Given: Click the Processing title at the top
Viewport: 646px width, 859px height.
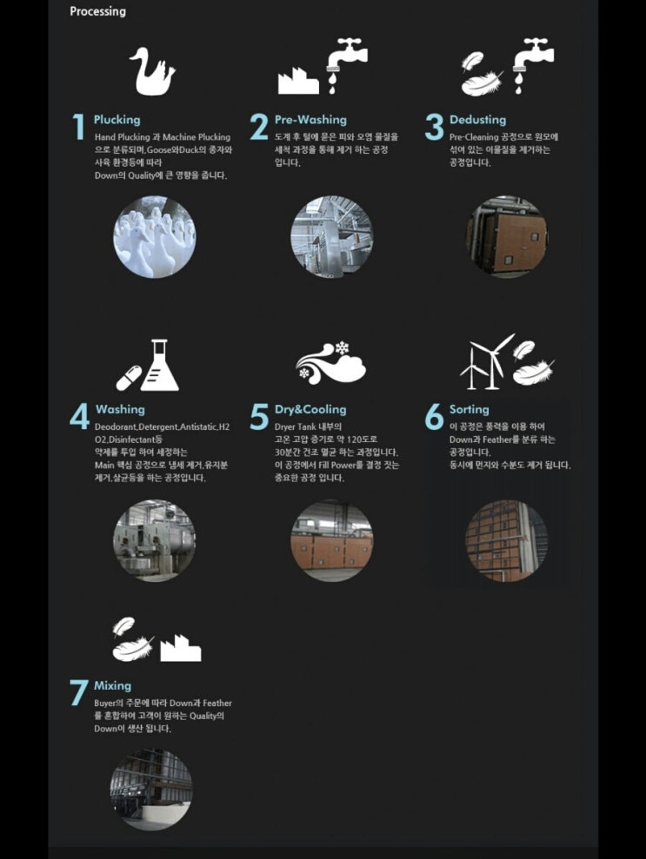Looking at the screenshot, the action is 97,11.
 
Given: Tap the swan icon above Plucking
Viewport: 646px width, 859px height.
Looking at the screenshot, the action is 152,70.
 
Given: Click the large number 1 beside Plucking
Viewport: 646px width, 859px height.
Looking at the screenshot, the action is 79,127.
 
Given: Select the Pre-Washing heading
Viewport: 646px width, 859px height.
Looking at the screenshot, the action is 310,120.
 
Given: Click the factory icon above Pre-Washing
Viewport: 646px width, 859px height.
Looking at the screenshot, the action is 297,81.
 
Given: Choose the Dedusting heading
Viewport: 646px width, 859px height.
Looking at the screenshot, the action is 477,120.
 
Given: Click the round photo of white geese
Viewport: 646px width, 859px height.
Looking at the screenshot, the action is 154,236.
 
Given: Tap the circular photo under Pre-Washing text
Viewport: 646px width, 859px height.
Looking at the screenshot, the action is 331,236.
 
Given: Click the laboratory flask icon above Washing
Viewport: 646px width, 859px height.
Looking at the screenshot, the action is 160,365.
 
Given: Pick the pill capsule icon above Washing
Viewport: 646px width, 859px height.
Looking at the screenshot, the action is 129,378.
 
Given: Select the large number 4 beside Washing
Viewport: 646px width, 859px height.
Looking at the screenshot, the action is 79,416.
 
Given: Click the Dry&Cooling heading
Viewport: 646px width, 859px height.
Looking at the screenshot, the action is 310,409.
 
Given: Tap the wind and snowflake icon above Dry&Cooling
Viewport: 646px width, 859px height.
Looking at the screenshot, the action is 330,363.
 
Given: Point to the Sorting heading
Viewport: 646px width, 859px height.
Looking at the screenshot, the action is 469,409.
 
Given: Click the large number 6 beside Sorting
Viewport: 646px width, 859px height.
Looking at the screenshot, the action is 435,416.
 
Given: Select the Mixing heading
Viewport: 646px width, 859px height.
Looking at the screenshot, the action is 112,685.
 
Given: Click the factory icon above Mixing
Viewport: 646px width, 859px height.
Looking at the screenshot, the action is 181,648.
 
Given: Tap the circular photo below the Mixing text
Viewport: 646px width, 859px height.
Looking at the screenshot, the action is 151,789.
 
